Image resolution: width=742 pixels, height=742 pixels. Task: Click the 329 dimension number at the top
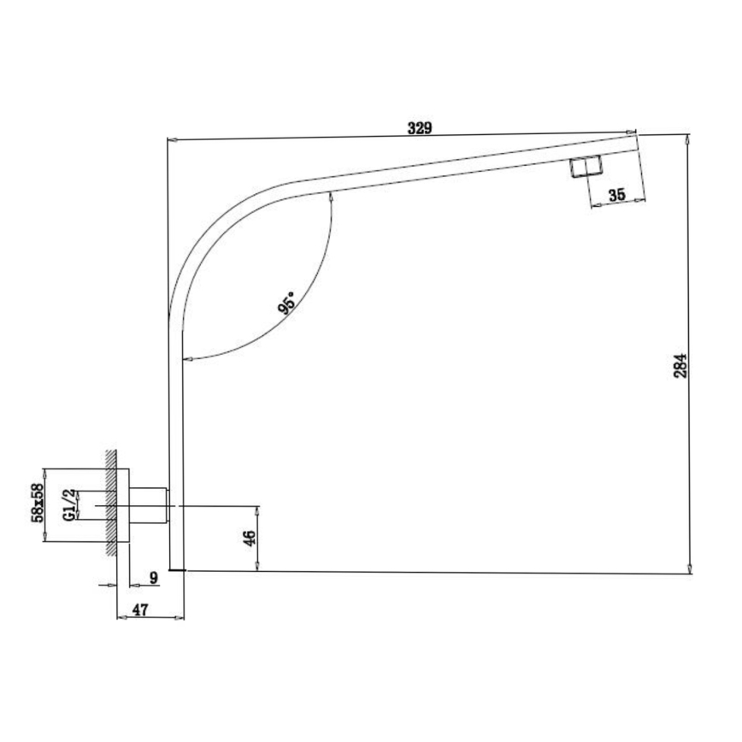419,128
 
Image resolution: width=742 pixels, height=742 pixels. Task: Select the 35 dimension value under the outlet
617,195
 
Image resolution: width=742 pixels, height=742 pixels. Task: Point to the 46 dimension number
249,539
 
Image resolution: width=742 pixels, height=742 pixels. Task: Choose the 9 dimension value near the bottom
154,578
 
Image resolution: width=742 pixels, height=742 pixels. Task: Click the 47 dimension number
141,611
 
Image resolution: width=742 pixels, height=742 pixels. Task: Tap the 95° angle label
289,303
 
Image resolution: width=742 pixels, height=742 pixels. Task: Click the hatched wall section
109,504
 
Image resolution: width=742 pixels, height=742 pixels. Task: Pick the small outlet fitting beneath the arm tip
586,166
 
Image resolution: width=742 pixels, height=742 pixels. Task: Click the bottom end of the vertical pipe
177,568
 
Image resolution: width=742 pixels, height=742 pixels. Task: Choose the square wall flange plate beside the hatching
122,504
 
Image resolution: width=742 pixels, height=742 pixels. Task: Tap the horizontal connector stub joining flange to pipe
149,504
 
